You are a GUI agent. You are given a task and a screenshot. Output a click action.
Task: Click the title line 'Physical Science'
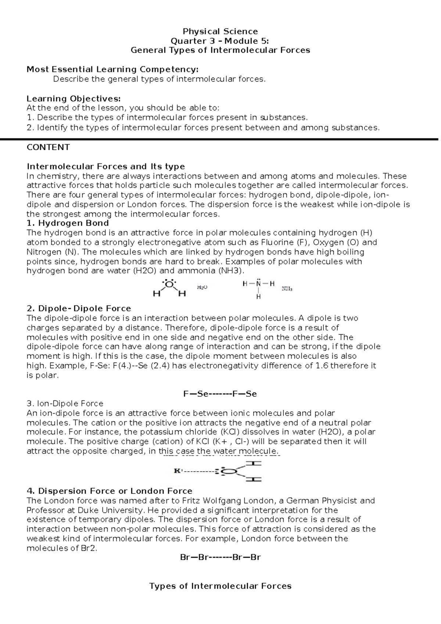pos(220,31)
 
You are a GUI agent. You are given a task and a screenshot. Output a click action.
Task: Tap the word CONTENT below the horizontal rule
pos(48,147)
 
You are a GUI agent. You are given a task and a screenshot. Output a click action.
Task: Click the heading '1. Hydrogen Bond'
pos(68,223)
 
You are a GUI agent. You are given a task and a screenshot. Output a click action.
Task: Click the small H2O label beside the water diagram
pos(202,287)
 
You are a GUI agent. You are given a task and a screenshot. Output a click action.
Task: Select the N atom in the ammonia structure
pos(258,284)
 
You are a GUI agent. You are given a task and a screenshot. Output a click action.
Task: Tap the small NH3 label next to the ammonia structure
pos(287,289)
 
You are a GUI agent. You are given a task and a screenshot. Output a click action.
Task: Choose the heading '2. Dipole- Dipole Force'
pos(79,308)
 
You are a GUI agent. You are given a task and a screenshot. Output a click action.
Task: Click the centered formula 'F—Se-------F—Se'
pos(220,394)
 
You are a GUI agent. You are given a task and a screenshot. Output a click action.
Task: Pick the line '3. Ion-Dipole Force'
pos(65,404)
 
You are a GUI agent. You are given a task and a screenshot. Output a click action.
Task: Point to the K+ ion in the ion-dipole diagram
pos(178,471)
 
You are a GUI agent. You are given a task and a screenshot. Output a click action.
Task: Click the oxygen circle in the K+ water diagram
pos(228,471)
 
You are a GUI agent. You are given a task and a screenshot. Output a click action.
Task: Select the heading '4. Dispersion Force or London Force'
pos(110,491)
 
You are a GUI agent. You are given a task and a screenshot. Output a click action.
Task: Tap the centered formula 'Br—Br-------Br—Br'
pos(220,557)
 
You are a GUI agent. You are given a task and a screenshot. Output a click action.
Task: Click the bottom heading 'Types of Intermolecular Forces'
pos(220,586)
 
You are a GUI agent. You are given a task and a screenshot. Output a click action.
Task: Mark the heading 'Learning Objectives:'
pos(73,99)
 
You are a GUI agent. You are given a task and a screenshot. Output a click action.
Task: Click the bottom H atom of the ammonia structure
pos(258,297)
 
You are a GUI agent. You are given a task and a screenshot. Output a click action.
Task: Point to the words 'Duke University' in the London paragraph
pos(110,510)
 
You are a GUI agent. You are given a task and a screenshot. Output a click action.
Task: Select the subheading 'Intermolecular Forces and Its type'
pos(106,166)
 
